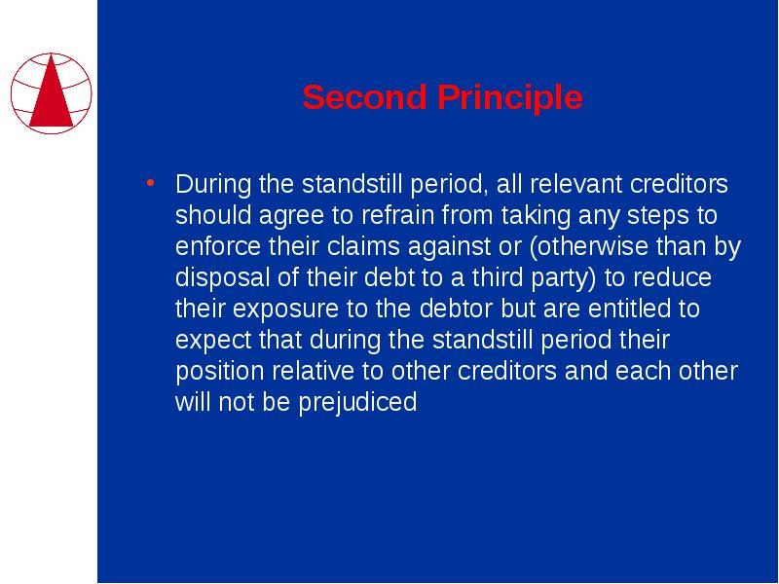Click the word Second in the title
364,96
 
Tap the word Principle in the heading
509,98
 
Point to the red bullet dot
151,183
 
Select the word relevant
575,184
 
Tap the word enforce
218,246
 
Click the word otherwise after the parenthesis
593,246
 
